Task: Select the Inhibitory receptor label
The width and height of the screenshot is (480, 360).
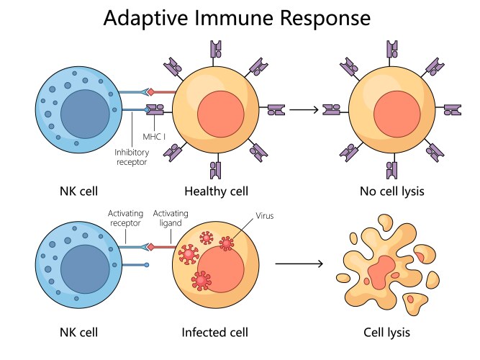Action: tap(133, 157)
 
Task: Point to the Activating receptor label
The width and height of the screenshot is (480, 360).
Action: tap(126, 218)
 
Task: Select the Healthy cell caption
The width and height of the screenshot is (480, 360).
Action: tap(217, 192)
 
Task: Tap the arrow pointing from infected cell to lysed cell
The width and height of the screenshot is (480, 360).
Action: tap(299, 264)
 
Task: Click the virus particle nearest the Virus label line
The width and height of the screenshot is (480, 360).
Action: tap(227, 244)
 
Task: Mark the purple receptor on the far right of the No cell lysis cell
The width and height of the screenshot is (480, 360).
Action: tap(452, 109)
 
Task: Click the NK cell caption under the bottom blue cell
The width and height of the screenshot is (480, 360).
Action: tap(78, 332)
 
